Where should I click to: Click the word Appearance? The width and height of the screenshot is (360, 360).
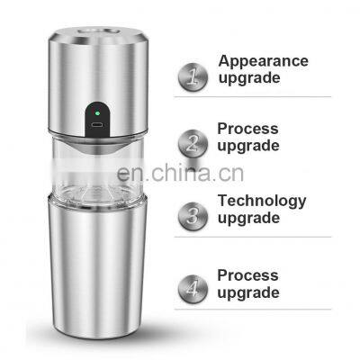tap(263, 61)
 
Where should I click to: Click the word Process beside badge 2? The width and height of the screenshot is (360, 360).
tap(247, 129)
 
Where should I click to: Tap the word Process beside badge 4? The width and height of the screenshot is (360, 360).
tap(247, 275)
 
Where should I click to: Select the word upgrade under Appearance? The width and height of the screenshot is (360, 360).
tap(249, 78)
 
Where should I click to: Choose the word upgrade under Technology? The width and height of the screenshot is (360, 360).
tap(249, 218)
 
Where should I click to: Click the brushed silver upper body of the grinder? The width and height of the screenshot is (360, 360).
tap(67, 85)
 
